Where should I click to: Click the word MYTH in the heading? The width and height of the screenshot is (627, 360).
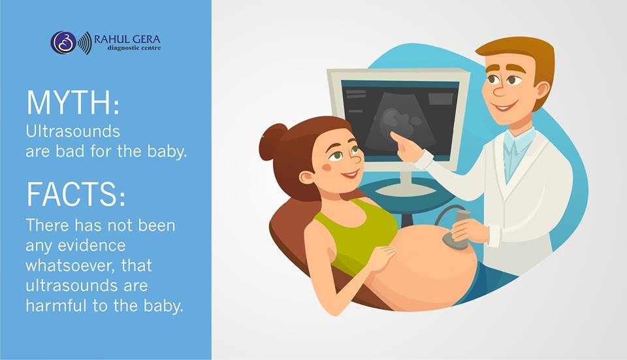pos(69,103)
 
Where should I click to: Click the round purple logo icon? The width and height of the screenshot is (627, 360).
pos(63,42)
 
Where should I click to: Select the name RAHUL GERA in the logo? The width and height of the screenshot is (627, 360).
pos(127,39)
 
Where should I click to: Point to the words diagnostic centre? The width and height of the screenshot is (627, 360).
pos(134,48)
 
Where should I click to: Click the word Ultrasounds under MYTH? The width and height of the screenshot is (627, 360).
pos(72,131)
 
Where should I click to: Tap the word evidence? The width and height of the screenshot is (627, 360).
pos(91,245)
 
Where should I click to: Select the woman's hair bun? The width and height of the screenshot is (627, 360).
pos(272,142)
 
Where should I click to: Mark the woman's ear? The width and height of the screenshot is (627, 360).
pos(306,178)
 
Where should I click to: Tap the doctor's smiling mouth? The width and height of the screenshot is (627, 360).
pos(503,107)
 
